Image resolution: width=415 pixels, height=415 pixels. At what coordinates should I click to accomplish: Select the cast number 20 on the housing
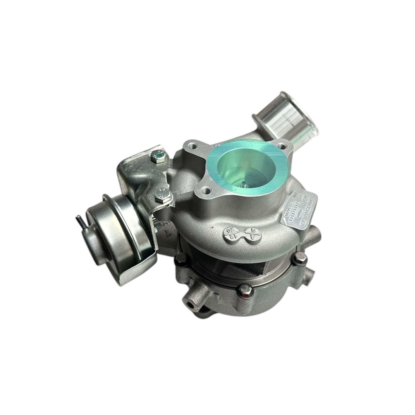[x=229, y=230]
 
